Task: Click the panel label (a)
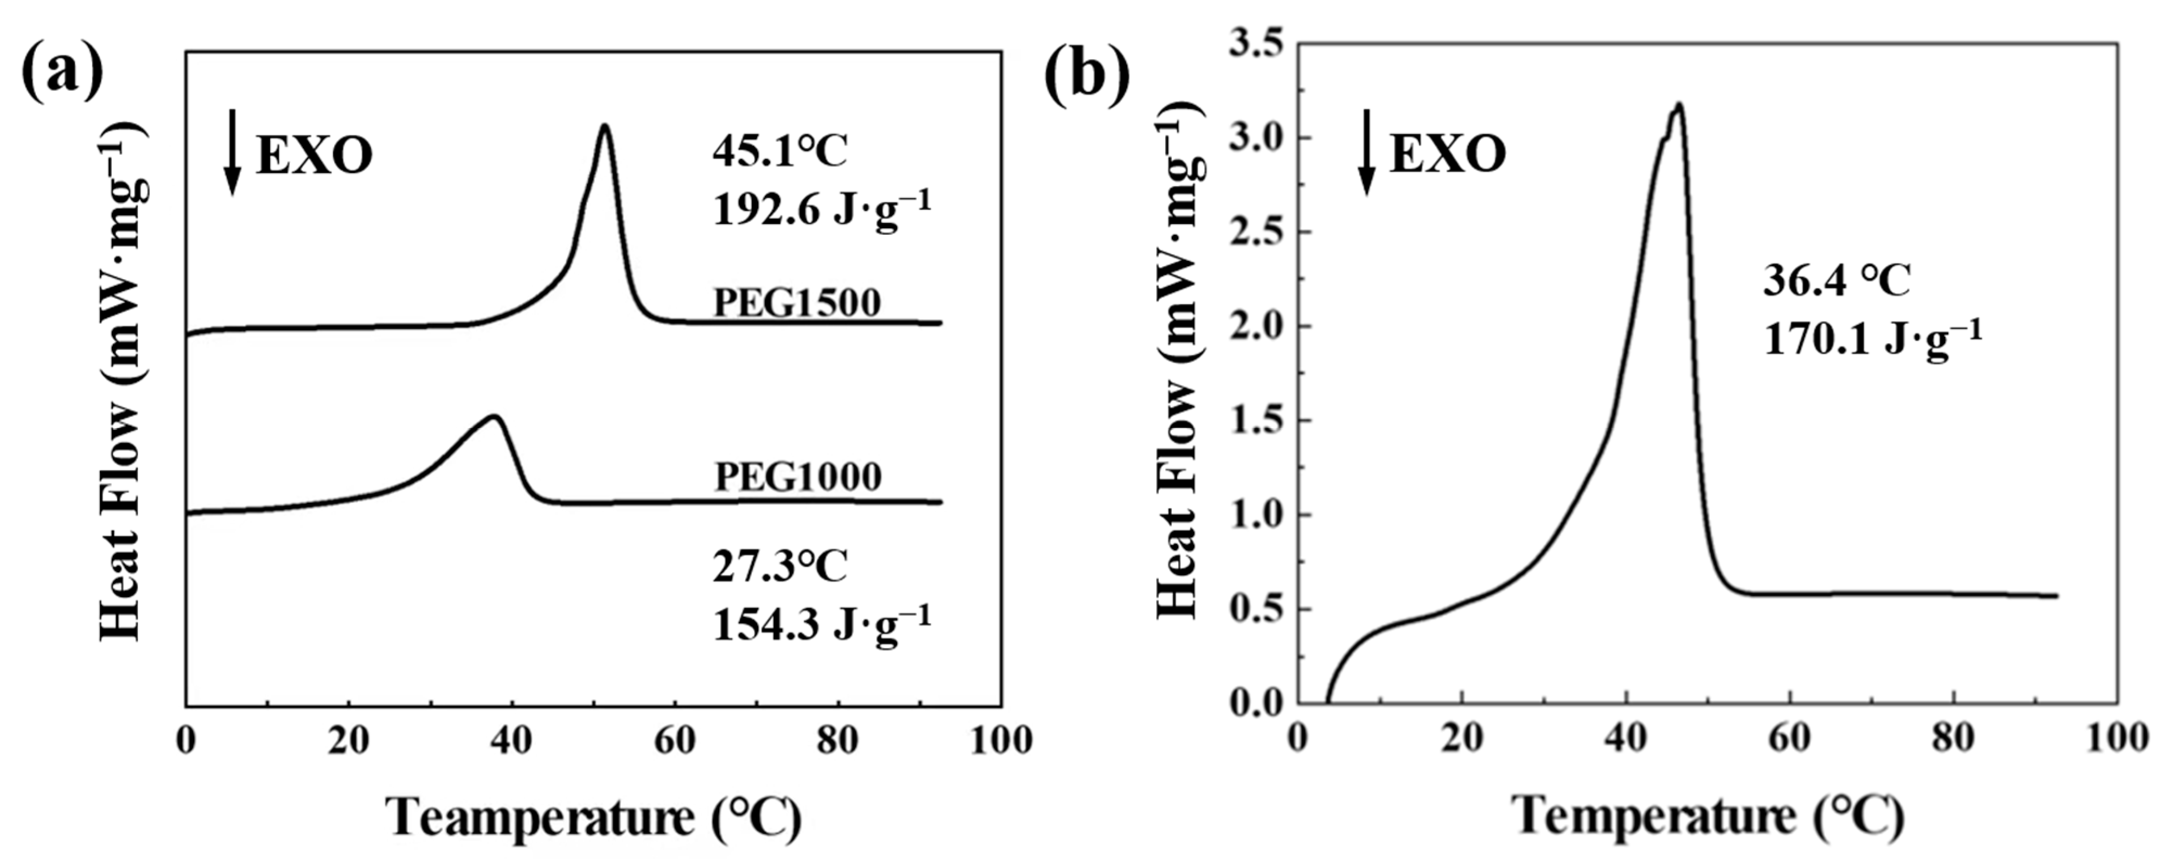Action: (x=63, y=74)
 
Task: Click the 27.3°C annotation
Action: (x=780, y=567)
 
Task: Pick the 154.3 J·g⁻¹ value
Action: (x=821, y=625)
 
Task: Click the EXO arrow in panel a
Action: (x=232, y=152)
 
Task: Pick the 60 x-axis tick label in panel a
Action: (x=675, y=741)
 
